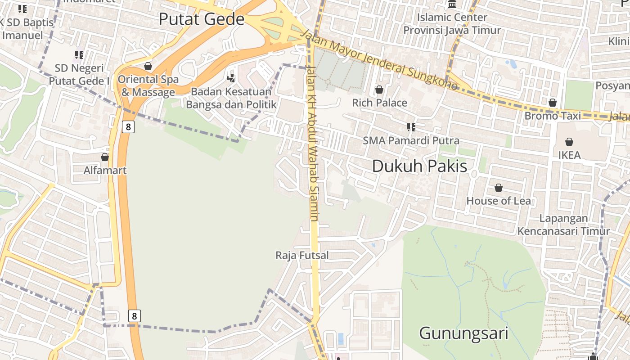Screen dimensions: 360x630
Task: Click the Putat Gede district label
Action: [x=202, y=19]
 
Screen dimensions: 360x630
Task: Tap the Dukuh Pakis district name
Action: [x=419, y=166]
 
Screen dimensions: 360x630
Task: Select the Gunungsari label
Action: [x=463, y=333]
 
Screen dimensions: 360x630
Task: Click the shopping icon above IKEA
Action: [x=569, y=142]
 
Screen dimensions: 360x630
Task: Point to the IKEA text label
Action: [x=569, y=155]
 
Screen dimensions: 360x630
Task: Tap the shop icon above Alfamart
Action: [x=105, y=157]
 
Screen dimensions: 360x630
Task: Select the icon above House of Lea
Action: [x=499, y=187]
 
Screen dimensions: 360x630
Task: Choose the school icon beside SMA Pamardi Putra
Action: [x=411, y=127]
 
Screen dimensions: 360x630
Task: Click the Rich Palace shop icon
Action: [x=379, y=90]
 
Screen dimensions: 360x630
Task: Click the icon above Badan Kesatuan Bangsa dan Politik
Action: [x=231, y=77]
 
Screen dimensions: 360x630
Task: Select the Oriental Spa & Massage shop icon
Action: [x=148, y=66]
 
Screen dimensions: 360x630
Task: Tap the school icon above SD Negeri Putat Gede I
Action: [x=79, y=55]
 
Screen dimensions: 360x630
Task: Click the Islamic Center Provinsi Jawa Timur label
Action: [x=452, y=24]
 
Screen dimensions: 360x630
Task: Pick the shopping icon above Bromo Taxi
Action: [x=552, y=103]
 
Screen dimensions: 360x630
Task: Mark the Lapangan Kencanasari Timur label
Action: [x=563, y=225]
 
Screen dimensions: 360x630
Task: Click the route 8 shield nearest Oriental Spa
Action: [x=128, y=127]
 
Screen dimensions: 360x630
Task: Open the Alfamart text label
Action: [x=105, y=171]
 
